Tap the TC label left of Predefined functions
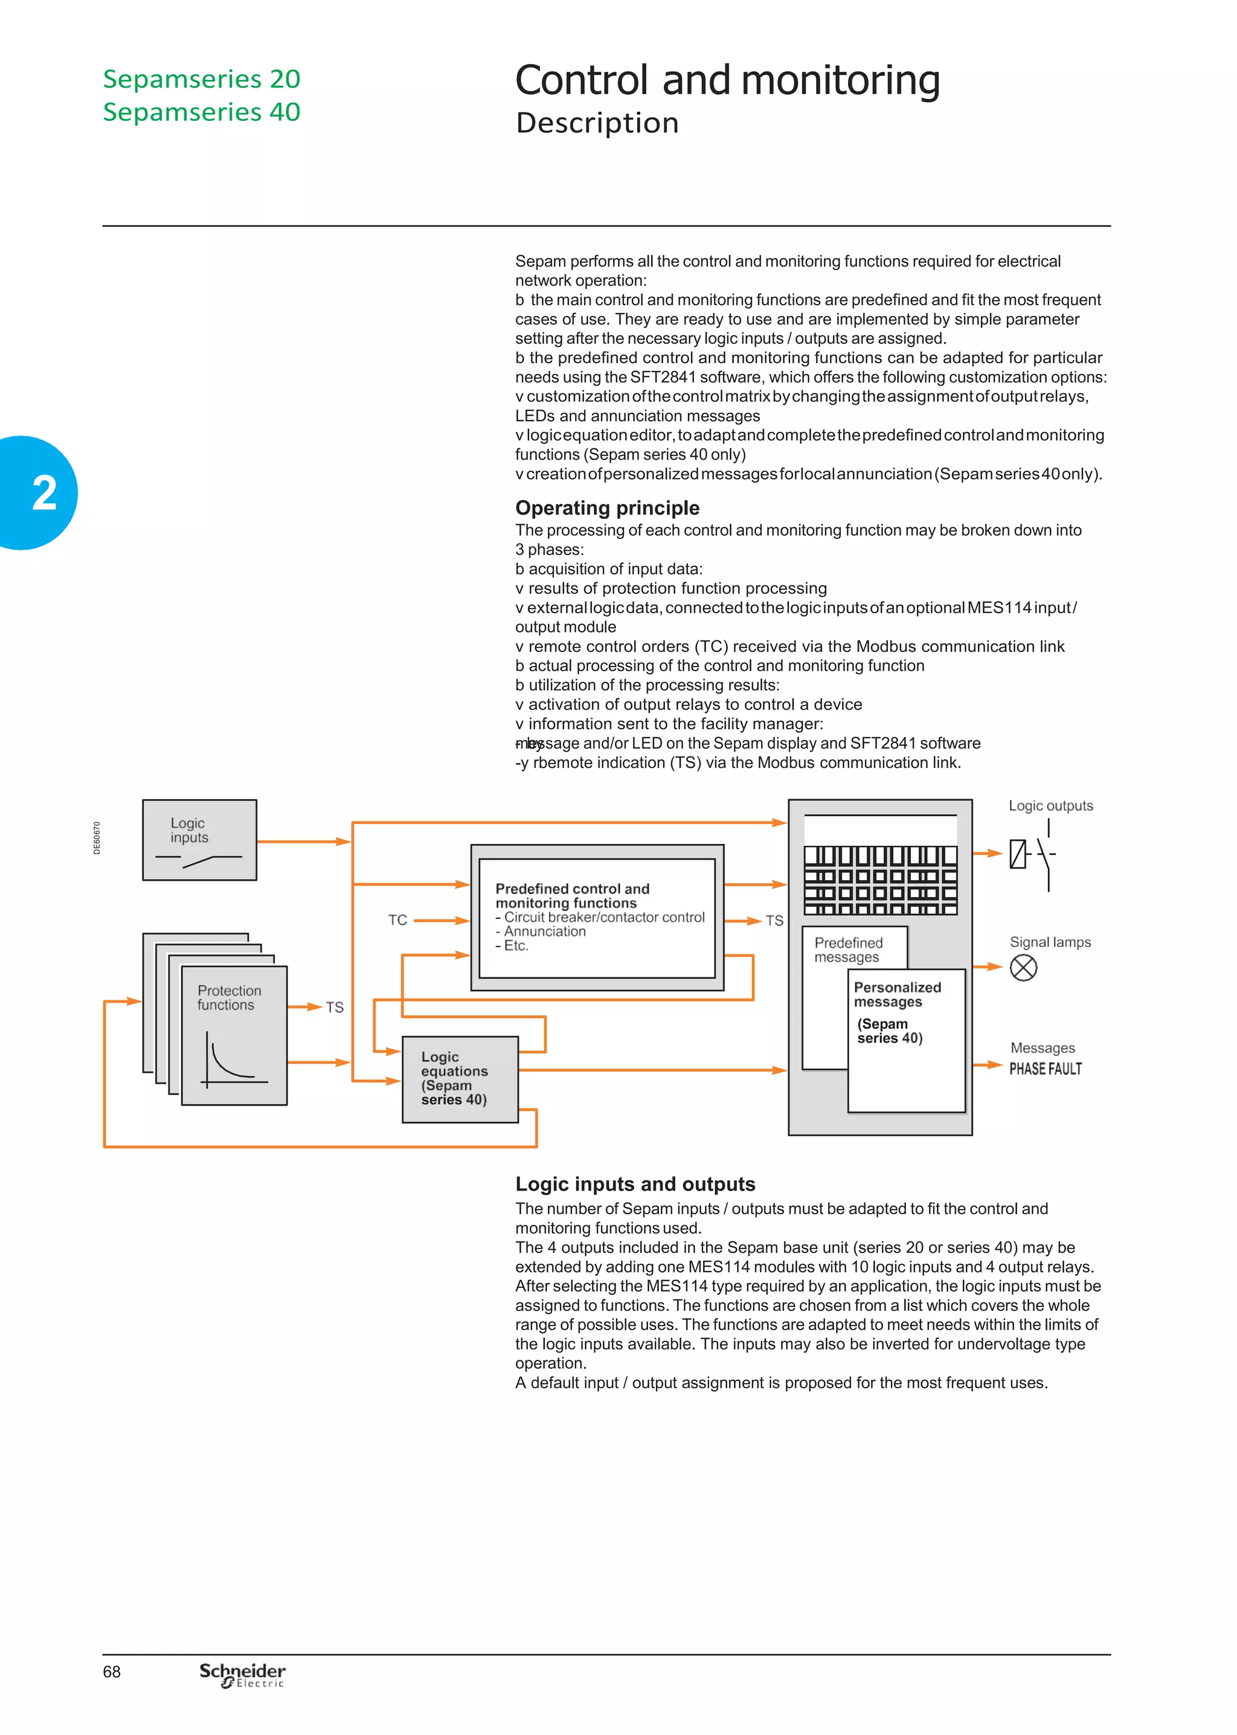point(397,920)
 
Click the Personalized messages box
point(905,1040)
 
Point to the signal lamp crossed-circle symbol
point(1023,968)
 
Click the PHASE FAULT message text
point(1045,1069)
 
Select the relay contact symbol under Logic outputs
point(1032,855)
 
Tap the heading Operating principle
point(607,508)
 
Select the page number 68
point(111,1672)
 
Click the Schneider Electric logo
point(242,1675)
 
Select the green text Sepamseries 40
point(202,112)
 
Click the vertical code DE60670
point(97,838)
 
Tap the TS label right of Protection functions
point(335,1007)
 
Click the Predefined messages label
point(848,950)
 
